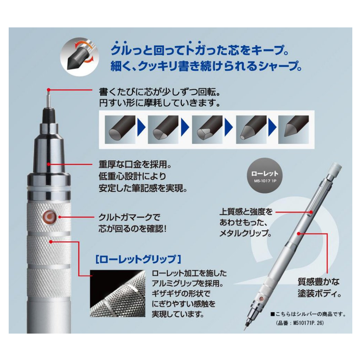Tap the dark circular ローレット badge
pos(265,175)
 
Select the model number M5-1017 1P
pos(265,181)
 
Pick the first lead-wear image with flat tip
pos(120,130)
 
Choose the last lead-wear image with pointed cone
pos(293,130)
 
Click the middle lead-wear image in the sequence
pos(207,130)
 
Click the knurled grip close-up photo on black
pos(118,293)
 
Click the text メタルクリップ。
pos(246,233)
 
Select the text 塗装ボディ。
pos(319,293)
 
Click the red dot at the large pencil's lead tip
pos(48,90)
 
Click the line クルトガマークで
pos(129,217)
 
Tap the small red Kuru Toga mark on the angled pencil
pos(261,299)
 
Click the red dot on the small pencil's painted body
pos(298,233)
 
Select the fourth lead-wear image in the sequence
pos(251,130)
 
